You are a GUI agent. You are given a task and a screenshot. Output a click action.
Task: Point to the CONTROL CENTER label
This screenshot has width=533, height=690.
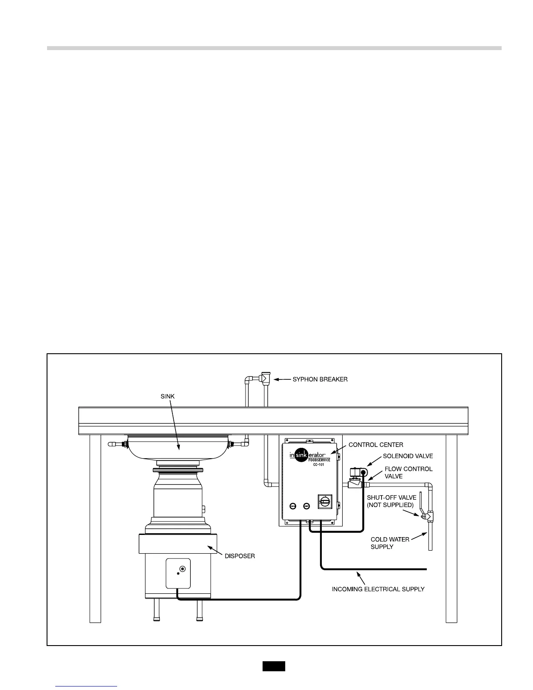pyautogui.click(x=376, y=445)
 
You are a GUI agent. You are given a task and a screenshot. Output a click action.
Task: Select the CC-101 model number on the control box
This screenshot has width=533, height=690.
pyautogui.click(x=318, y=465)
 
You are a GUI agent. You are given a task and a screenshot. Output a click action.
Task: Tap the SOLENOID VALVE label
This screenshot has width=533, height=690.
pyautogui.click(x=408, y=457)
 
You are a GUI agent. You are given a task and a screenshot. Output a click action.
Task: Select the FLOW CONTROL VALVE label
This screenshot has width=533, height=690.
pyautogui.click(x=408, y=473)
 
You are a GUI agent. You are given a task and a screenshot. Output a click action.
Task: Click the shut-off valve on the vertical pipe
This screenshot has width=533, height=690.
pyautogui.click(x=428, y=517)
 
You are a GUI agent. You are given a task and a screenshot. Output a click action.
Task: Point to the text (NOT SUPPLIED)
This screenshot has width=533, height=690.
pyautogui.click(x=390, y=505)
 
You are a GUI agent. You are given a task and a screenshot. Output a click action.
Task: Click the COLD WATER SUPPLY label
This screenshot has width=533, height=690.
pyautogui.click(x=390, y=543)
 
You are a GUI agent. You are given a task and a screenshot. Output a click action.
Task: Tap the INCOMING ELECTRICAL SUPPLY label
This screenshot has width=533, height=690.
pyautogui.click(x=378, y=589)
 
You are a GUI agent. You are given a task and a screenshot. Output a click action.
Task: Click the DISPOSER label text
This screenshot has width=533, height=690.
pyautogui.click(x=240, y=556)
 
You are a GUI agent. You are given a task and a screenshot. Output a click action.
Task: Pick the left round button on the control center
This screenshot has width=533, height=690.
pyautogui.click(x=293, y=506)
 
